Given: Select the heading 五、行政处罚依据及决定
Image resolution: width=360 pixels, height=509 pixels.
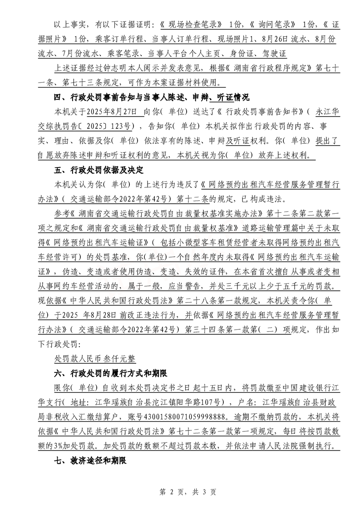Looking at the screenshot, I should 99,171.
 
